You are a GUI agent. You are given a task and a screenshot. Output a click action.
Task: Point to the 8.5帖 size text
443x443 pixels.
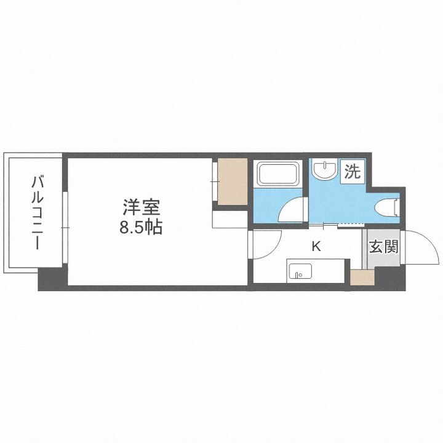click(x=141, y=228)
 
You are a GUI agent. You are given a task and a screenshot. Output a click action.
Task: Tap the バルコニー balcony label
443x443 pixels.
click(x=38, y=213)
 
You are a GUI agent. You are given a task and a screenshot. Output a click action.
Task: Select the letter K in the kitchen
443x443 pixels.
click(x=316, y=247)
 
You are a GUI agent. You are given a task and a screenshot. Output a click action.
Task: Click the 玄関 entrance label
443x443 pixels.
click(x=383, y=247)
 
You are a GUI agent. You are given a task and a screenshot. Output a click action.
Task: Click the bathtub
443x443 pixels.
click(x=277, y=174)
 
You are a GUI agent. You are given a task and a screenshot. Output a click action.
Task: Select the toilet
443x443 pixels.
click(x=392, y=207)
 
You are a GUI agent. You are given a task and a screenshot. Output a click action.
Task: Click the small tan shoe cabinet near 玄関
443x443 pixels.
click(x=362, y=277)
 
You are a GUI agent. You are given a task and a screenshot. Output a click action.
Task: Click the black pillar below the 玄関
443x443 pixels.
click(x=389, y=279)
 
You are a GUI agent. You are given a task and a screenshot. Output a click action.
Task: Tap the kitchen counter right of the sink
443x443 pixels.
click(x=329, y=269)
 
